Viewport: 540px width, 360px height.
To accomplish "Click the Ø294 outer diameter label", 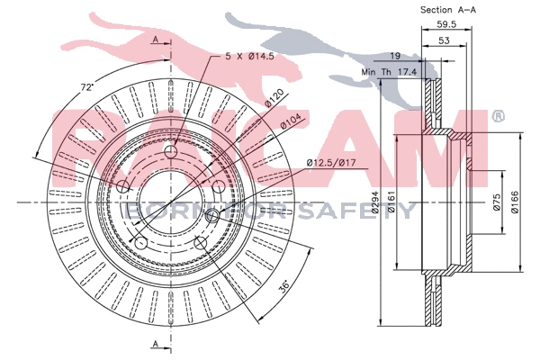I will (370, 211).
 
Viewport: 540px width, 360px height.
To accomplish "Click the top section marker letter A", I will (156, 40).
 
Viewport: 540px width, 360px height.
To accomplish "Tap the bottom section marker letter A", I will (156, 344).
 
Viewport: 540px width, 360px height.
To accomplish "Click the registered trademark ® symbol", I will (498, 116).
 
